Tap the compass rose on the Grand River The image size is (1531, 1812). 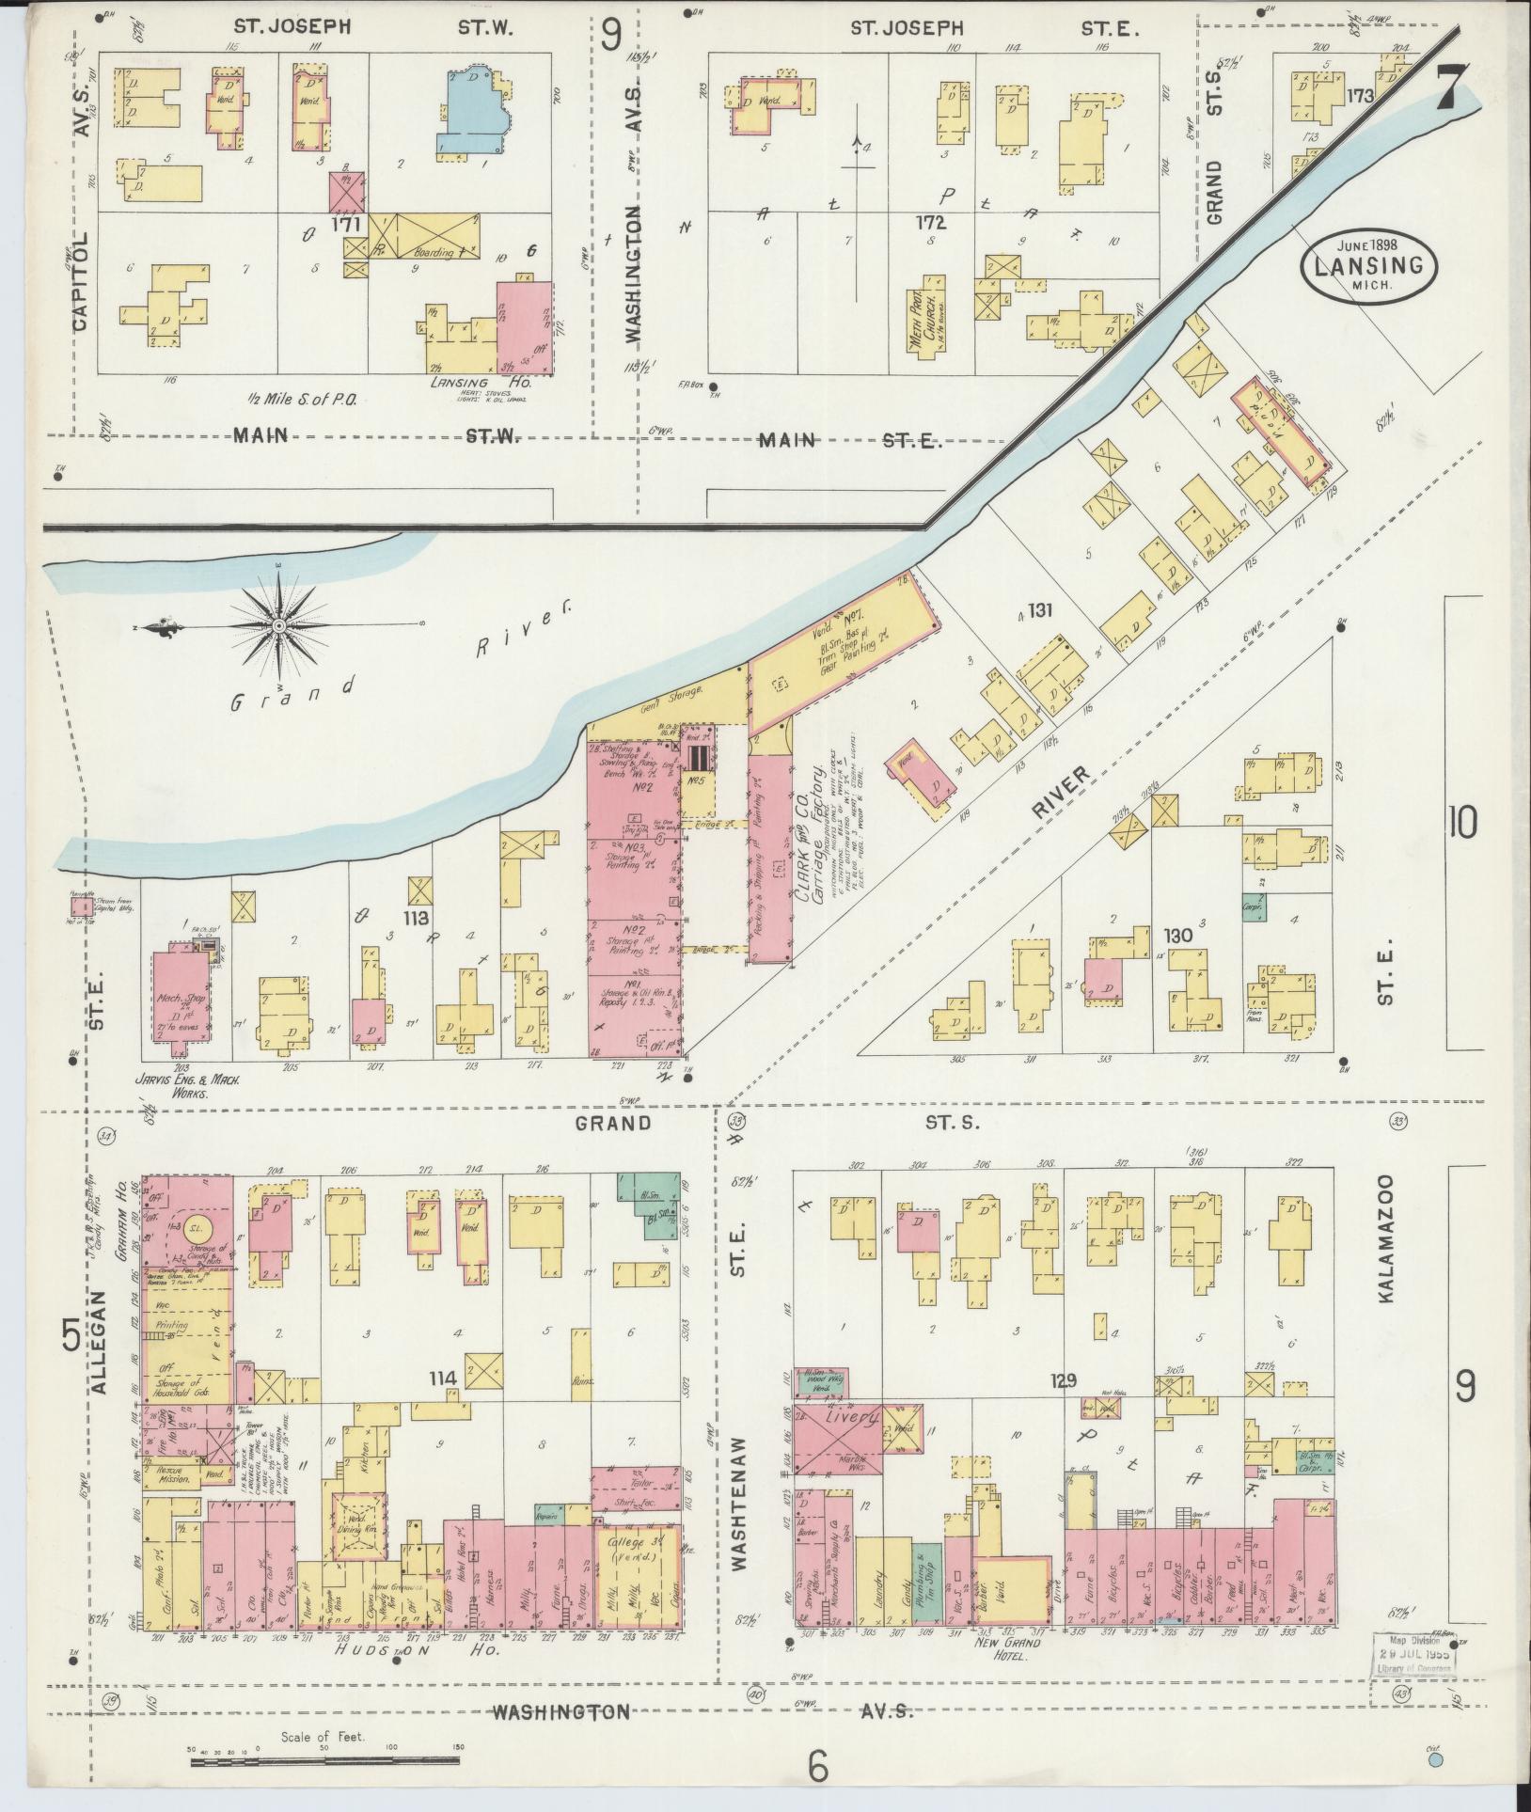click(x=278, y=625)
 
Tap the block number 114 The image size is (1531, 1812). click(x=443, y=1379)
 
